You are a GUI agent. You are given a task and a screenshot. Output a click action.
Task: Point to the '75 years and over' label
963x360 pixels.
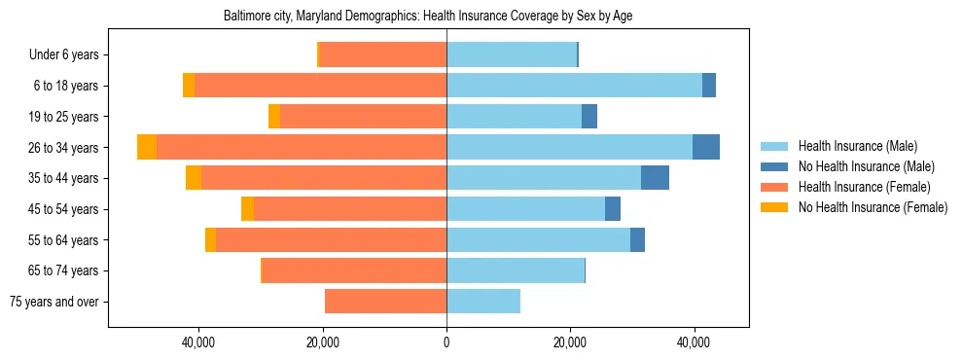(54, 302)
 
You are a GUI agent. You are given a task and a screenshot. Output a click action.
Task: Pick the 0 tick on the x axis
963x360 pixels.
(446, 342)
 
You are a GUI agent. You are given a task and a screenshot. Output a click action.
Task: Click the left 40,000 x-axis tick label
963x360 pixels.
(198, 342)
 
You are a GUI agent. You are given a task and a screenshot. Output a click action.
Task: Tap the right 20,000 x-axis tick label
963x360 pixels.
(570, 342)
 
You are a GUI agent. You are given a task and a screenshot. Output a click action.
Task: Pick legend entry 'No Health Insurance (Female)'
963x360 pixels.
(872, 207)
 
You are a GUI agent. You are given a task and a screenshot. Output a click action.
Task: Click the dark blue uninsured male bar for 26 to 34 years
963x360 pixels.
(706, 147)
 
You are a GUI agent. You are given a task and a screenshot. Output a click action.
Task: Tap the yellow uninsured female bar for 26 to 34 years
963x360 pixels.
(147, 147)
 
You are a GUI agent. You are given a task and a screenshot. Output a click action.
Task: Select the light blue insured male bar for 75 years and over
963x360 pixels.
(483, 302)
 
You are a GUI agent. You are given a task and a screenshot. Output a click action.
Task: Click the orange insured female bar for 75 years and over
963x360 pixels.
(385, 302)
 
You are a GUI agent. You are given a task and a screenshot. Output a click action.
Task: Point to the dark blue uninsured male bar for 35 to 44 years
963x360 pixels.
(655, 178)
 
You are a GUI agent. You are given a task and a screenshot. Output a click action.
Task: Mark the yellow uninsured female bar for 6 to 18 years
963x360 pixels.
(189, 86)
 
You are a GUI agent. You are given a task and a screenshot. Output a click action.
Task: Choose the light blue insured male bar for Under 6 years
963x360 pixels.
(512, 54)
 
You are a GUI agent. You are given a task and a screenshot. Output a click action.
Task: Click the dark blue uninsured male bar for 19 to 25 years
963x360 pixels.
(589, 117)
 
